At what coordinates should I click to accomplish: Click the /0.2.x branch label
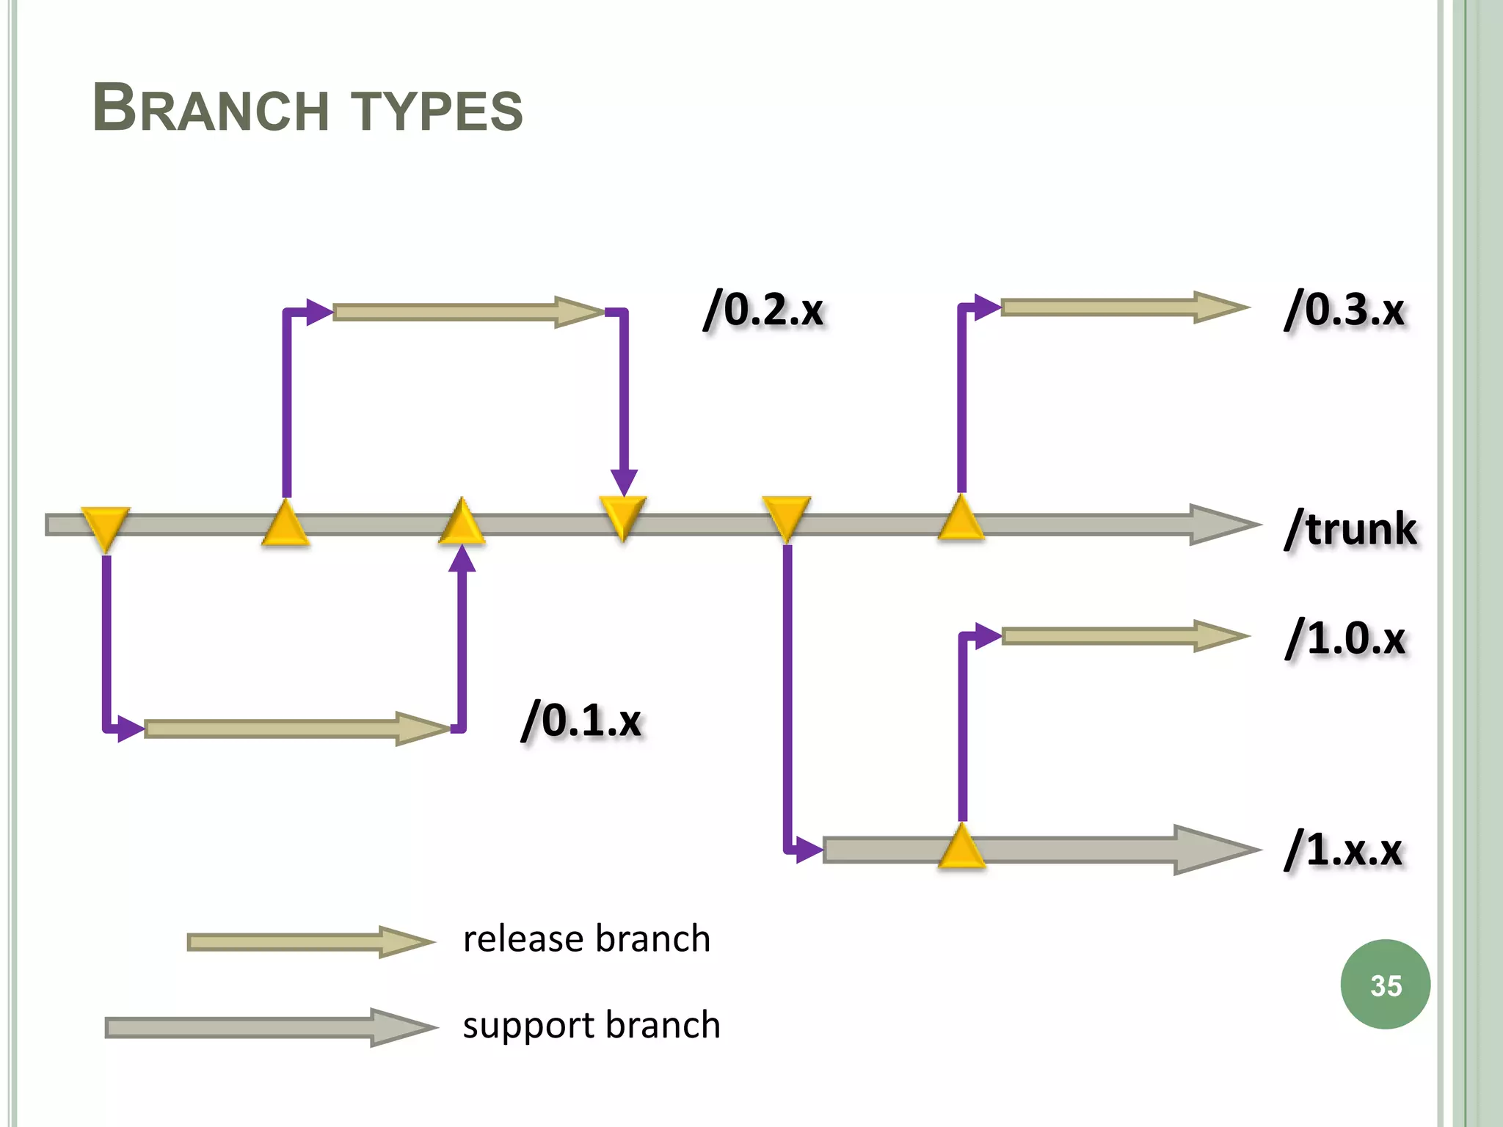(x=763, y=310)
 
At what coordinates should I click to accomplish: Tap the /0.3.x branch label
(x=1344, y=310)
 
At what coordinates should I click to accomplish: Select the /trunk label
(x=1350, y=528)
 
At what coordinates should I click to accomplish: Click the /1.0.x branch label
(x=1344, y=638)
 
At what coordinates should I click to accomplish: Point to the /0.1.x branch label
(x=581, y=720)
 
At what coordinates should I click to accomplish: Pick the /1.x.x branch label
(x=1343, y=850)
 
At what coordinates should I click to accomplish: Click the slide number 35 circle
(x=1385, y=985)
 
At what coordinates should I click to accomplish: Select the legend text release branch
(x=586, y=939)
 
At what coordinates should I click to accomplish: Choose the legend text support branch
(x=591, y=1025)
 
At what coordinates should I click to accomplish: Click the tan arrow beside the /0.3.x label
(x=1123, y=307)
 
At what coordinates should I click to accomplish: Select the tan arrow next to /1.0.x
(x=1123, y=636)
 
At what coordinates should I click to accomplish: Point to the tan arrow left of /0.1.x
(x=294, y=728)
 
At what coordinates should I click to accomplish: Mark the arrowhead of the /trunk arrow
(x=1222, y=525)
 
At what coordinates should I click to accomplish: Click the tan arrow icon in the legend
(x=308, y=942)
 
